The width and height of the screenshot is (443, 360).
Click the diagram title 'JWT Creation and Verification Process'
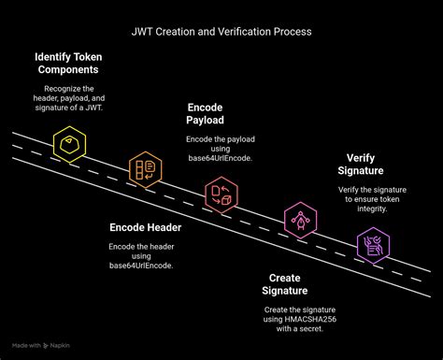(x=221, y=31)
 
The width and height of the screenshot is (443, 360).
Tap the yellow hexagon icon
(x=69, y=145)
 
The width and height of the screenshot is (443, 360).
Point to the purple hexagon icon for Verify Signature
(x=374, y=246)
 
